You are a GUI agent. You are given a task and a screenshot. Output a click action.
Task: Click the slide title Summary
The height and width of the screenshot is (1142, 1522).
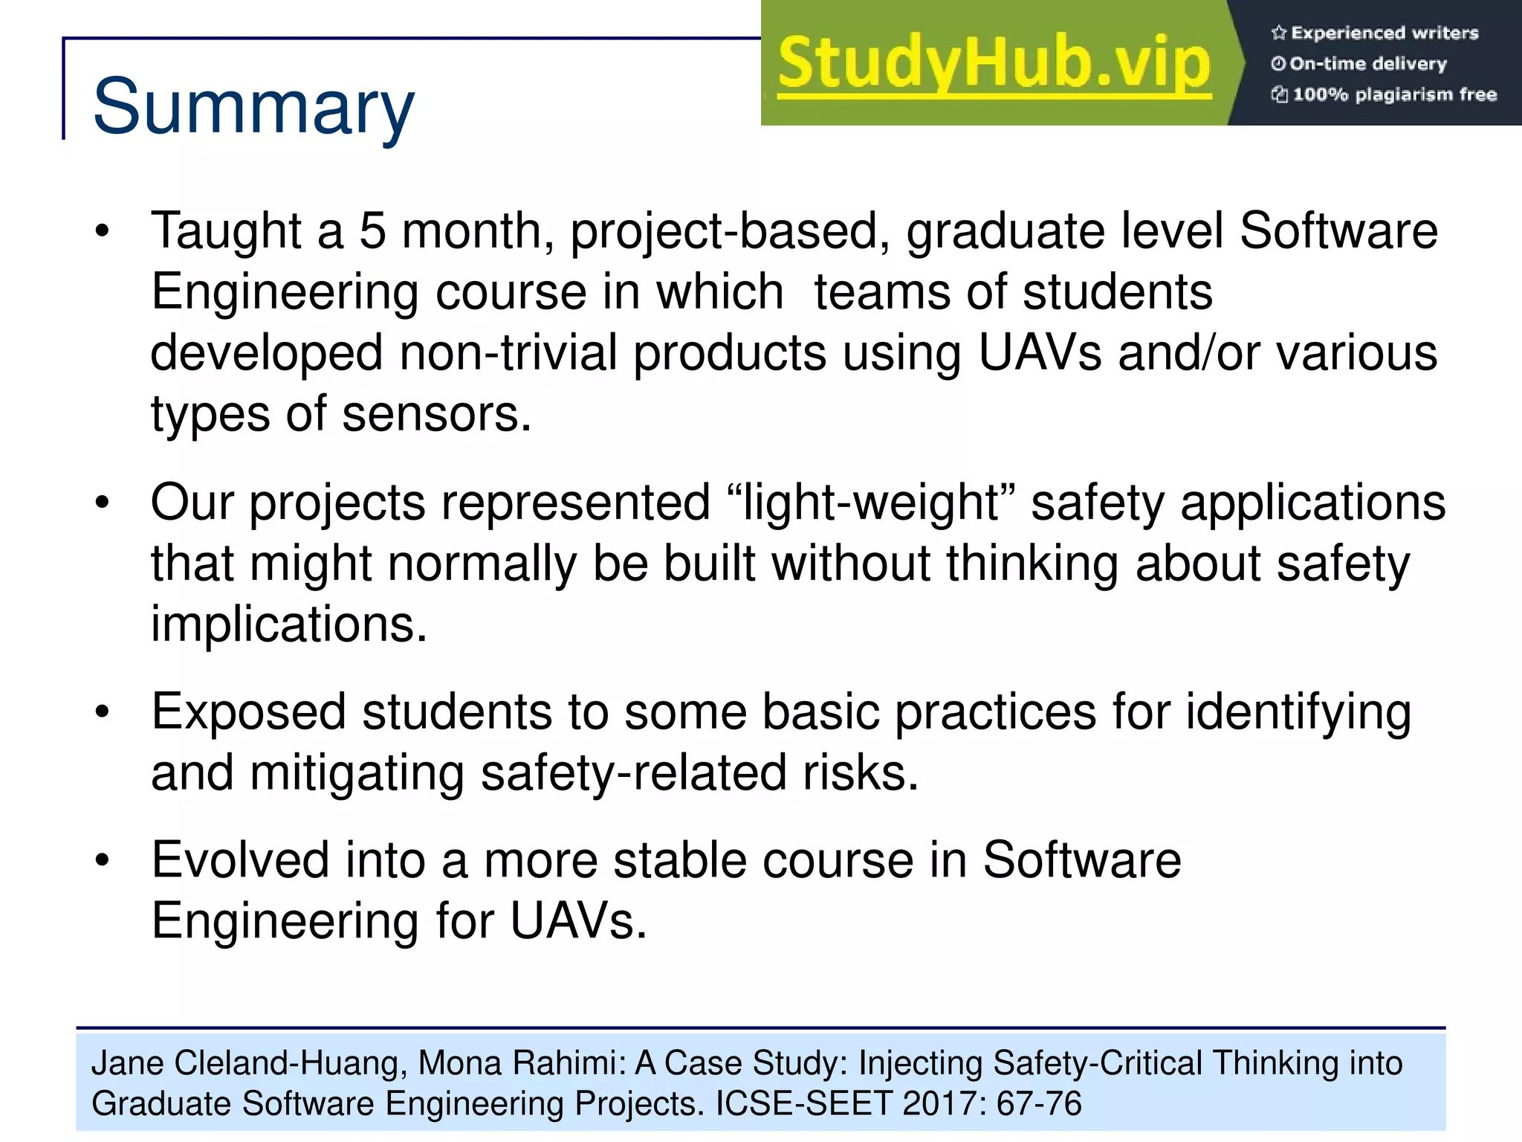tap(253, 108)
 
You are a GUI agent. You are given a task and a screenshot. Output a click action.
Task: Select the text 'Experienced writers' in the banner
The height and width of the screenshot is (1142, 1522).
tap(1384, 33)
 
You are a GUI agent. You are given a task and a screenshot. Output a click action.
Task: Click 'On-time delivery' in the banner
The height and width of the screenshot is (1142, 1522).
tap(1367, 64)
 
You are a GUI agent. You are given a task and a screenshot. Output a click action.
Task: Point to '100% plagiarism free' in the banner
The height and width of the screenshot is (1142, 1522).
tap(1394, 94)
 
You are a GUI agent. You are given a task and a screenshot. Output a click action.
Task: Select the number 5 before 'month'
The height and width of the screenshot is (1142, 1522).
tap(372, 230)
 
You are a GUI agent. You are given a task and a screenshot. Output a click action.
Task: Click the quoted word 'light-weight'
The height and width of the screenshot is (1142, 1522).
tap(871, 503)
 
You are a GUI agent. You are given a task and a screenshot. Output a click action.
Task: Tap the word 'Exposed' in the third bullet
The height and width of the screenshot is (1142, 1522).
tap(249, 712)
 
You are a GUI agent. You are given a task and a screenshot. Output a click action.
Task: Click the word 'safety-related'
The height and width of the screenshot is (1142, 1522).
tap(634, 773)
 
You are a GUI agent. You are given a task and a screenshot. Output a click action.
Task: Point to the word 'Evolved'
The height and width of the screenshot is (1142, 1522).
tap(240, 860)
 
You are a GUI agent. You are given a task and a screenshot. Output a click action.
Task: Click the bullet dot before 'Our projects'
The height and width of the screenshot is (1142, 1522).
tap(103, 503)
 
